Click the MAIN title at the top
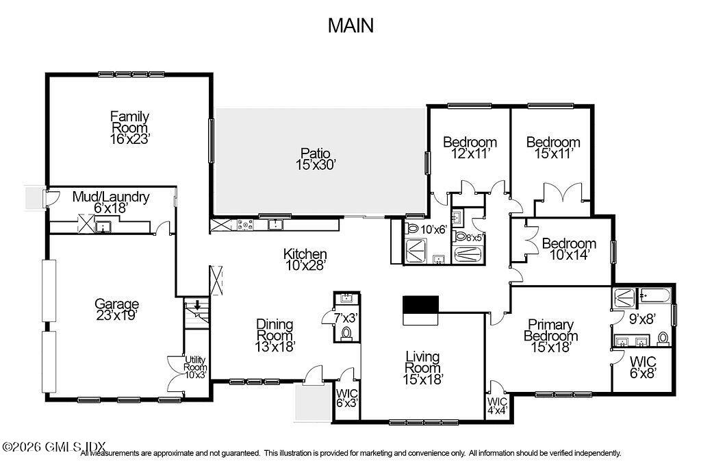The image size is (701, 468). click(350, 25)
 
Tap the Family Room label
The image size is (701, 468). click(129, 127)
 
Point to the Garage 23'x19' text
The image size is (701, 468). click(116, 310)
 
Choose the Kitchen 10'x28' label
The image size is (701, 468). click(305, 260)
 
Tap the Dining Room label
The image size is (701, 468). click(275, 335)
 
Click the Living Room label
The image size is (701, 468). click(422, 367)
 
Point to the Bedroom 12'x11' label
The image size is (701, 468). click(469, 148)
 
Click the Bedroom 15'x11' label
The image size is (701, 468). click(552, 148)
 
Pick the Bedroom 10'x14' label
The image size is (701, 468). click(568, 249)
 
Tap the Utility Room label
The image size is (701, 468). click(195, 367)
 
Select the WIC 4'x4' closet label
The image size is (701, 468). click(498, 406)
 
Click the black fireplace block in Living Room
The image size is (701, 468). click(420, 304)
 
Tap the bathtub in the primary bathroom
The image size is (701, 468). click(654, 297)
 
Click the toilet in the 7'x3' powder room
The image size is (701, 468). click(346, 333)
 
